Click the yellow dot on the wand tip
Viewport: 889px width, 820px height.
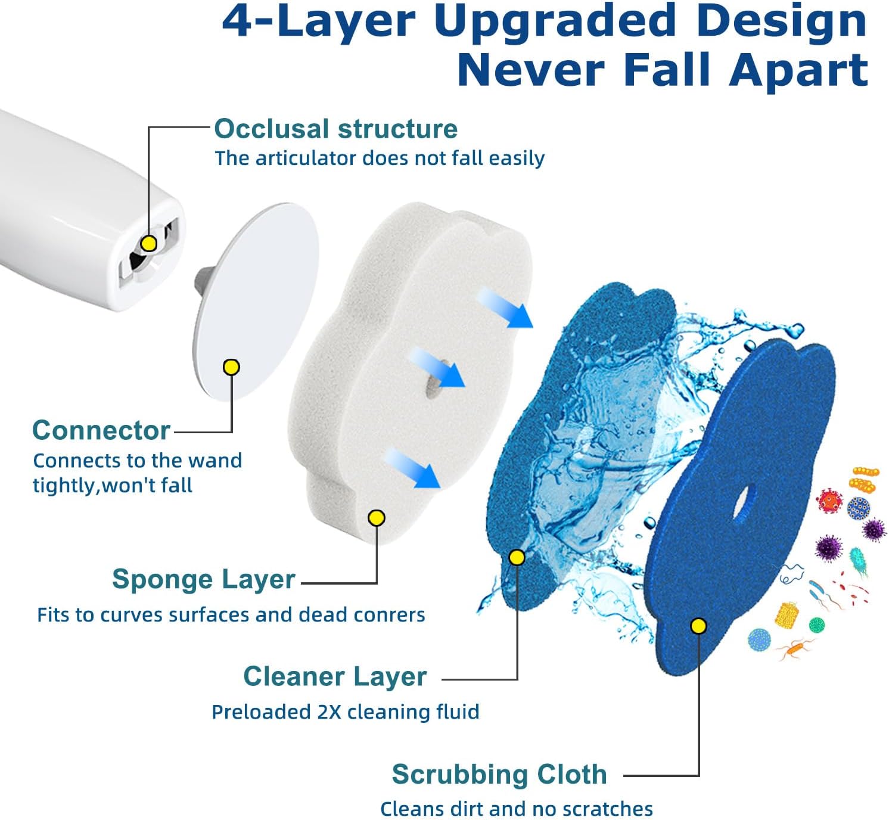point(149,243)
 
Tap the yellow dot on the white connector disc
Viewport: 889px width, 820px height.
point(231,367)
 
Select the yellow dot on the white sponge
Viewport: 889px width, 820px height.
point(377,518)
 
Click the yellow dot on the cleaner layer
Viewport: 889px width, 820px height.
point(517,558)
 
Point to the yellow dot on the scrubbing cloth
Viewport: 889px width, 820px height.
point(698,626)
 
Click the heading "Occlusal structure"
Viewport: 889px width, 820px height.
point(335,129)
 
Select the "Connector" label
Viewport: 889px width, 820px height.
point(101,430)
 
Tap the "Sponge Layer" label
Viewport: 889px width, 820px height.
point(204,579)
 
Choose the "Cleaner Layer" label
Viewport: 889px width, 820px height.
point(335,676)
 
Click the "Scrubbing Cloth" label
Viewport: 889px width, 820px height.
point(499,774)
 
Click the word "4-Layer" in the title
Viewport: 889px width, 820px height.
point(318,23)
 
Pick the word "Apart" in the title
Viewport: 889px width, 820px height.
point(798,70)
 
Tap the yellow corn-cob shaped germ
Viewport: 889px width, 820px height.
point(787,614)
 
